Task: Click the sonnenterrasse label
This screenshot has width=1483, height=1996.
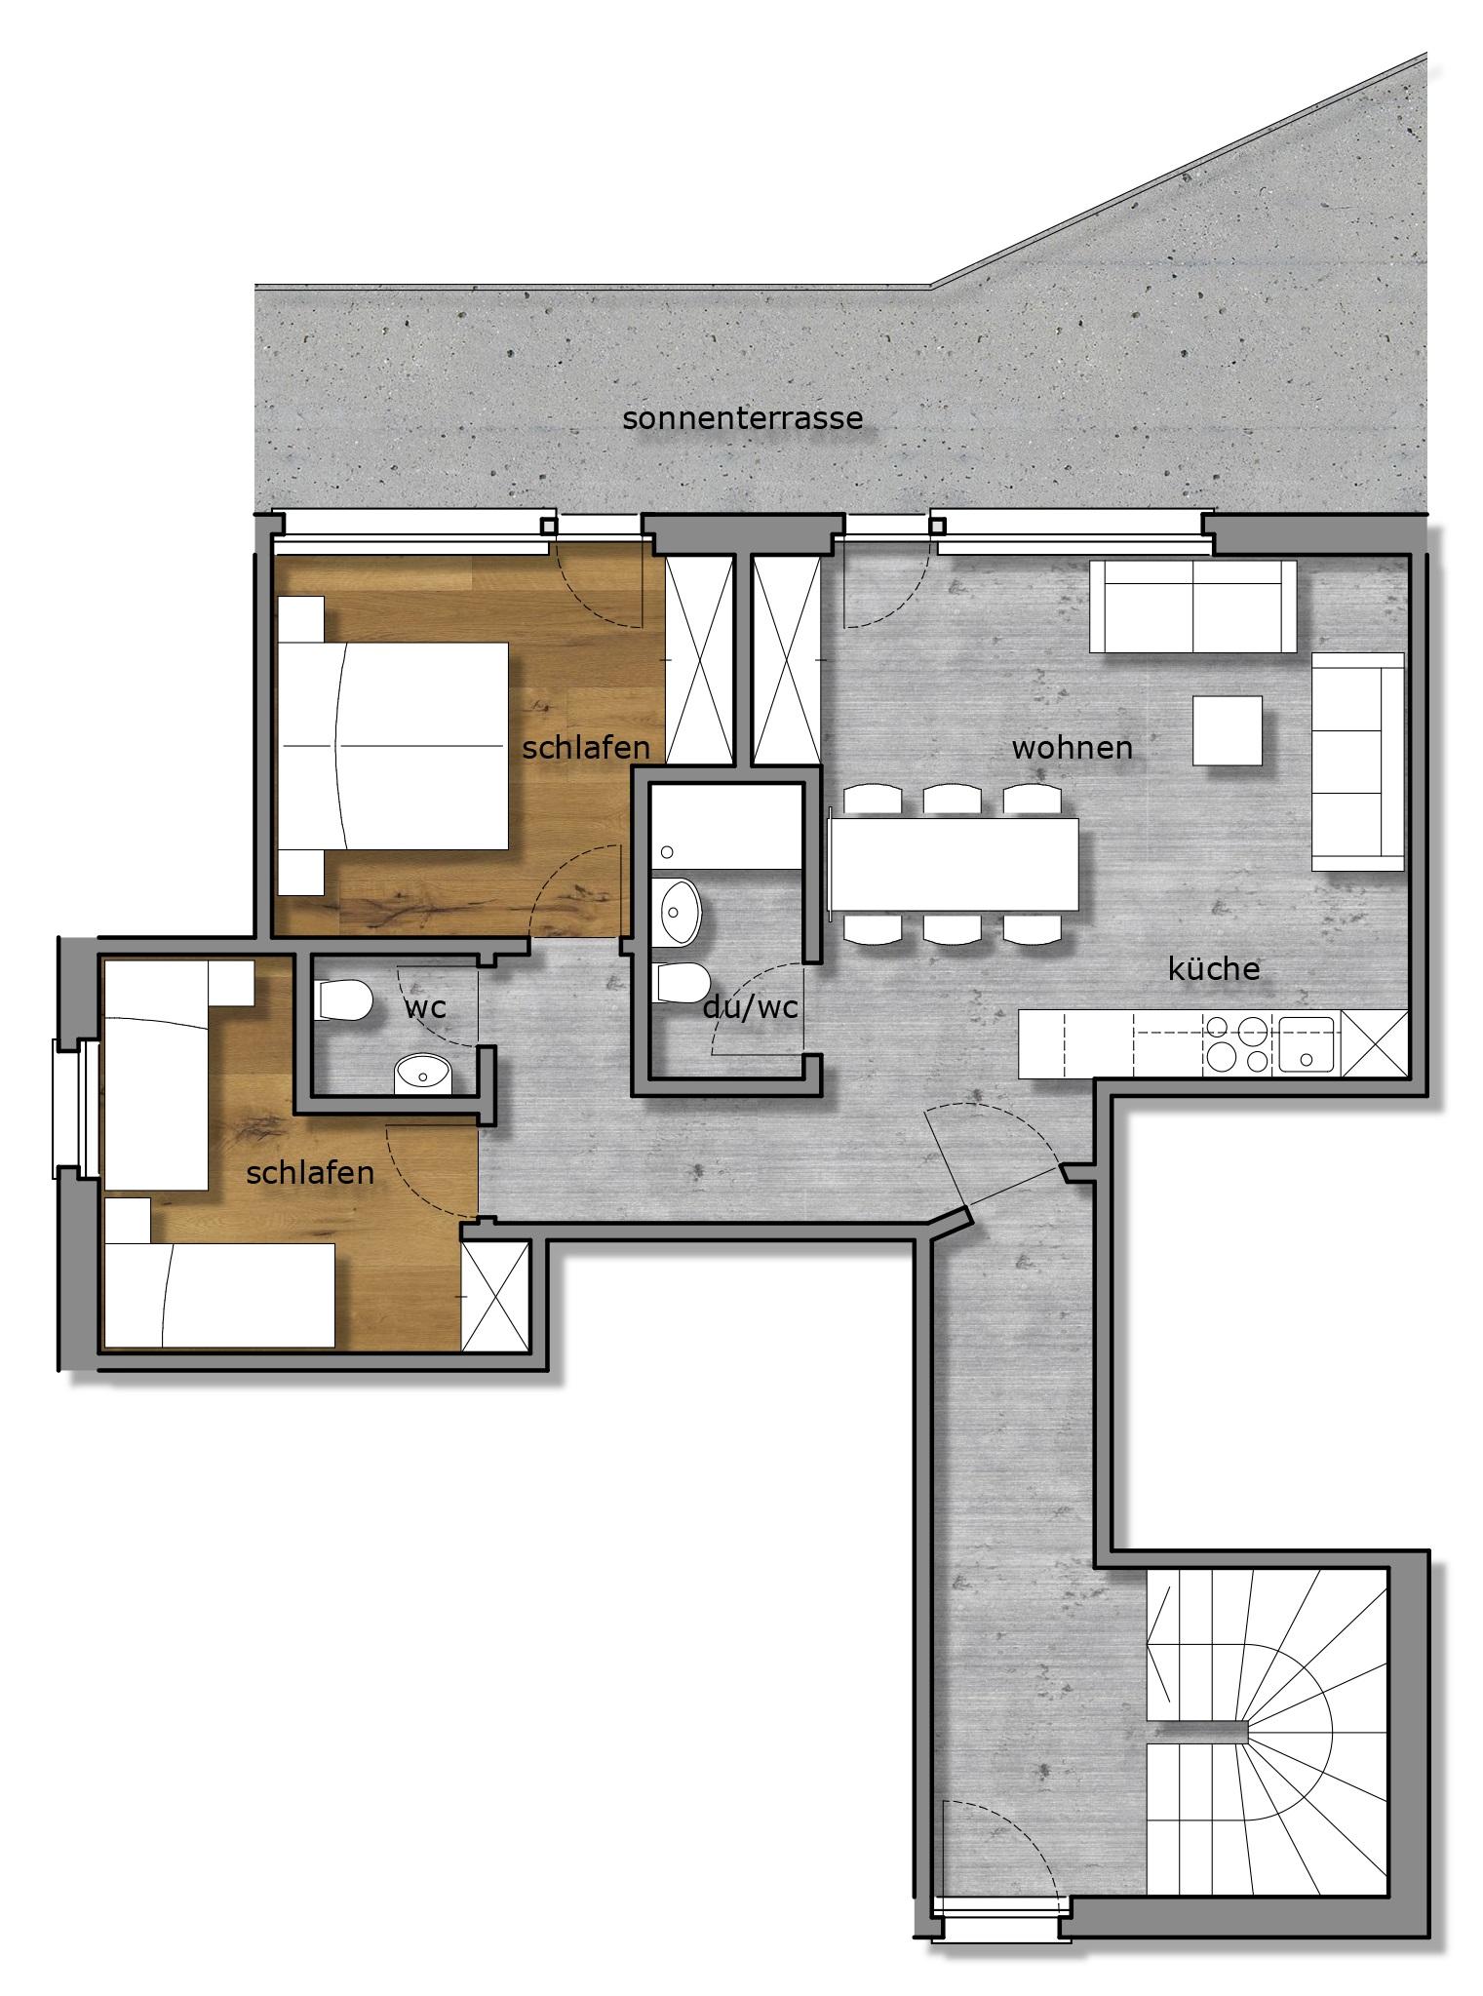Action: click(x=742, y=418)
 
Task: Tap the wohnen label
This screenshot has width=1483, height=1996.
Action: click(x=1072, y=748)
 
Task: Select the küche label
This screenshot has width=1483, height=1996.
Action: click(x=1214, y=968)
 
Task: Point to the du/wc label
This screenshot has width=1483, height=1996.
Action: click(x=750, y=1008)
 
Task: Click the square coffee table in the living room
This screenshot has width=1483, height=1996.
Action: click(x=1228, y=729)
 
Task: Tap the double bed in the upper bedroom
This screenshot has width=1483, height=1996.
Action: click(x=393, y=745)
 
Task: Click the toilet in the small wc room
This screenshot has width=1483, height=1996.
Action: click(x=345, y=999)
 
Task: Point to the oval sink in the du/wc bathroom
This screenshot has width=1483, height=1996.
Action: click(x=679, y=912)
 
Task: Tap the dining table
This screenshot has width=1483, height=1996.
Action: click(x=953, y=865)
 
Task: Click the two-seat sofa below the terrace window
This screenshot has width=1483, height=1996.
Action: click(x=1192, y=606)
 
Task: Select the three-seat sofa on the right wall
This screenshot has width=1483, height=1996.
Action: click(x=1357, y=761)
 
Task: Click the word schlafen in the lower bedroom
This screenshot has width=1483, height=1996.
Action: click(x=310, y=1172)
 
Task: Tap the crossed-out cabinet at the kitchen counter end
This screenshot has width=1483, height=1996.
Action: click(x=1375, y=1043)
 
